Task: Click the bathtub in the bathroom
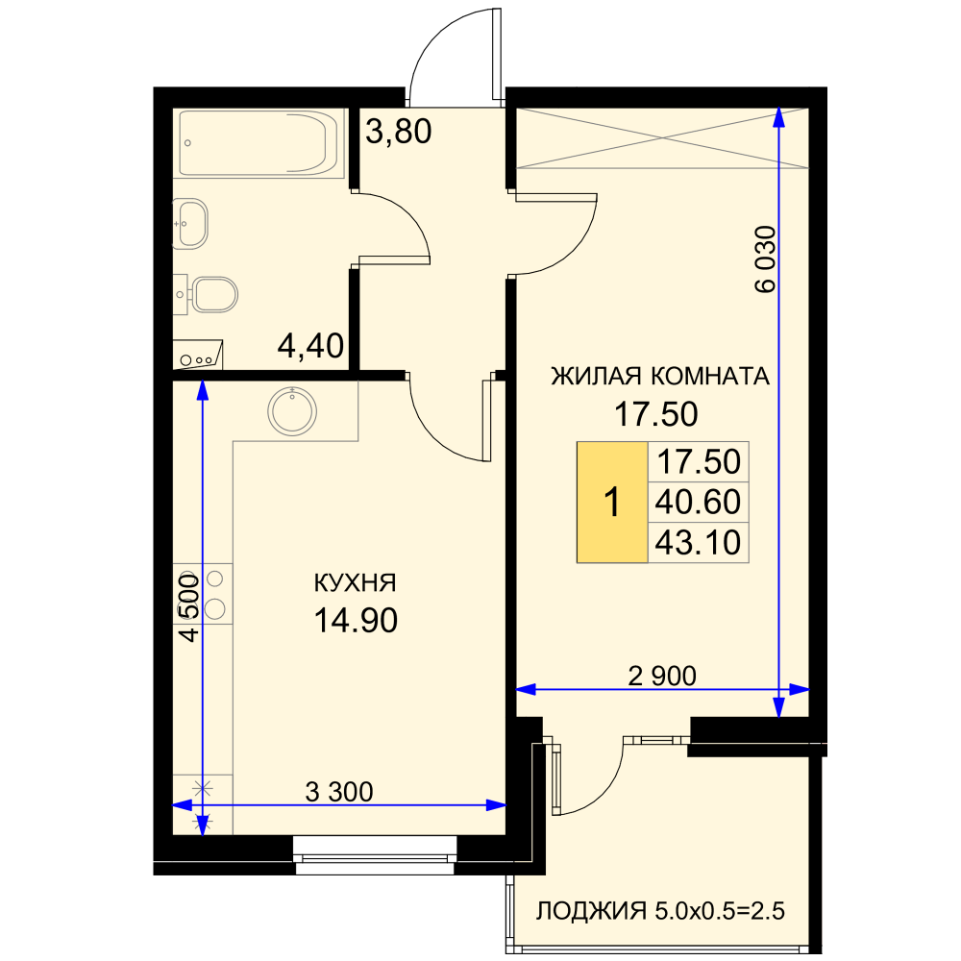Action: click(259, 143)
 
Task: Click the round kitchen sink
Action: click(292, 410)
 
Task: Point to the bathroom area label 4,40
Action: click(310, 346)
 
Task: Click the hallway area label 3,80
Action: click(399, 131)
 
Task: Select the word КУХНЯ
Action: click(356, 583)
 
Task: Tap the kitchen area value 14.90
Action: click(356, 620)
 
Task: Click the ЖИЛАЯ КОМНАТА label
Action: click(660, 376)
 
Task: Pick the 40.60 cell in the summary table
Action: click(698, 502)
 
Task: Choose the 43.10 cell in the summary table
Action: click(698, 542)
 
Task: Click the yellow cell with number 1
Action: click(612, 502)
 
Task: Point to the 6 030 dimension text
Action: click(765, 259)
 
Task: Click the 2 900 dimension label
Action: click(662, 676)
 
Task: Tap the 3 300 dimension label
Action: click(339, 792)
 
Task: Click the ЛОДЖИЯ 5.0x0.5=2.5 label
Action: click(660, 911)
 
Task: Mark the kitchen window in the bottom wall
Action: click(375, 855)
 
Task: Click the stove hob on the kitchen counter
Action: click(203, 594)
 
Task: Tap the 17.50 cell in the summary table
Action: click(698, 462)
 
